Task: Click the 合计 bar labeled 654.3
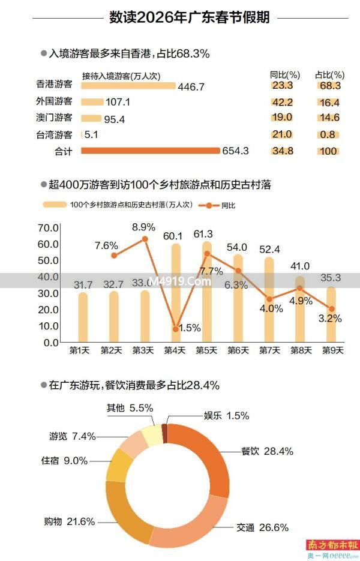pyautogui.click(x=150, y=151)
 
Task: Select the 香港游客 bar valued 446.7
pyautogui.click(x=128, y=86)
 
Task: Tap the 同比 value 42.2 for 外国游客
pyautogui.click(x=281, y=102)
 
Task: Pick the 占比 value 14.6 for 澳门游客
pyautogui.click(x=328, y=118)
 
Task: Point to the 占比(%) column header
pyautogui.click(x=329, y=75)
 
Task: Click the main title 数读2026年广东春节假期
pyautogui.click(x=190, y=18)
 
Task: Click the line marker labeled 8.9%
pyautogui.click(x=145, y=239)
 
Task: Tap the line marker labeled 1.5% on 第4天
pyautogui.click(x=176, y=329)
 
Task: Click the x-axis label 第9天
pyautogui.click(x=331, y=350)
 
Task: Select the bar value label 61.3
pyautogui.click(x=206, y=234)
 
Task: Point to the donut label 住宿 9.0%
pyautogui.click(x=64, y=461)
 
